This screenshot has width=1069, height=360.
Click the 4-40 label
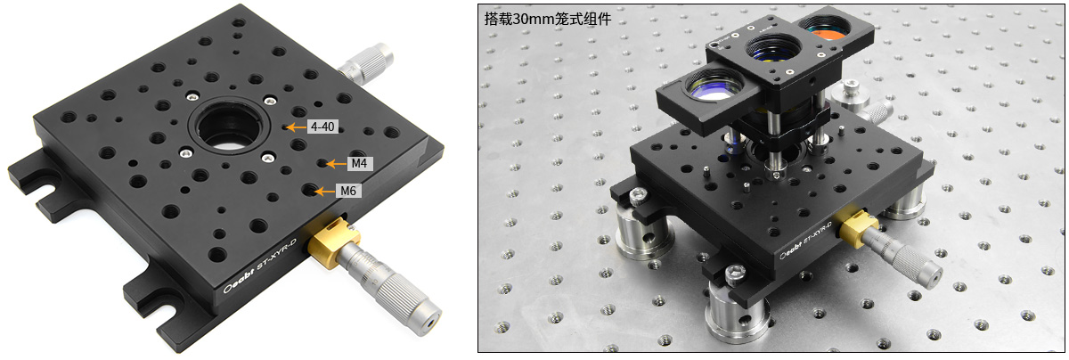tap(322, 127)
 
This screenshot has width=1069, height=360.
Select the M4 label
tap(359, 164)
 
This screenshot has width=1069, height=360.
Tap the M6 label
tap(348, 191)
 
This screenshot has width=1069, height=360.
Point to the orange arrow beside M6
tap(325, 192)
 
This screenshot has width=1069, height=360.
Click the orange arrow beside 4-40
tap(296, 127)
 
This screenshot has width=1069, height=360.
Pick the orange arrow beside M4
tap(336, 164)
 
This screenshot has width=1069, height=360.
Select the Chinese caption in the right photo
tap(547, 19)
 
